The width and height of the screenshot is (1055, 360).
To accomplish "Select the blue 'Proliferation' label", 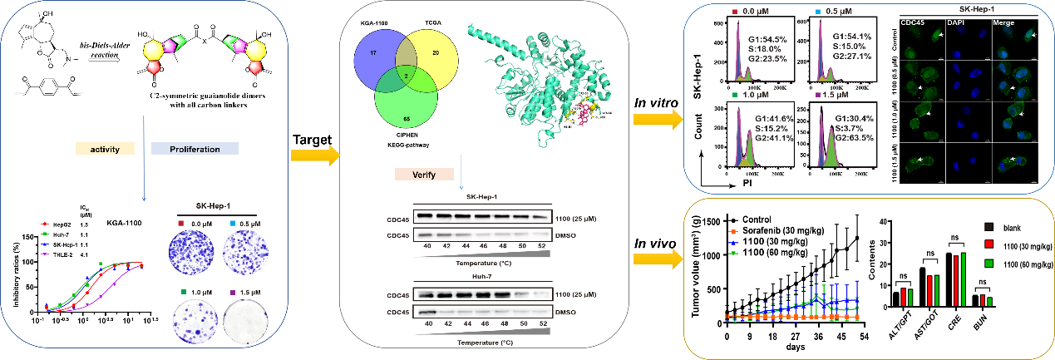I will pyautogui.click(x=195, y=150).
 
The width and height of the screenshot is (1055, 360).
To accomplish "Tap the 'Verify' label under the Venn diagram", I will pyautogui.click(x=423, y=175).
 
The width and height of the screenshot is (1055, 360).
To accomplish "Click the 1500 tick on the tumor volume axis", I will pyautogui.click(x=714, y=217).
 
